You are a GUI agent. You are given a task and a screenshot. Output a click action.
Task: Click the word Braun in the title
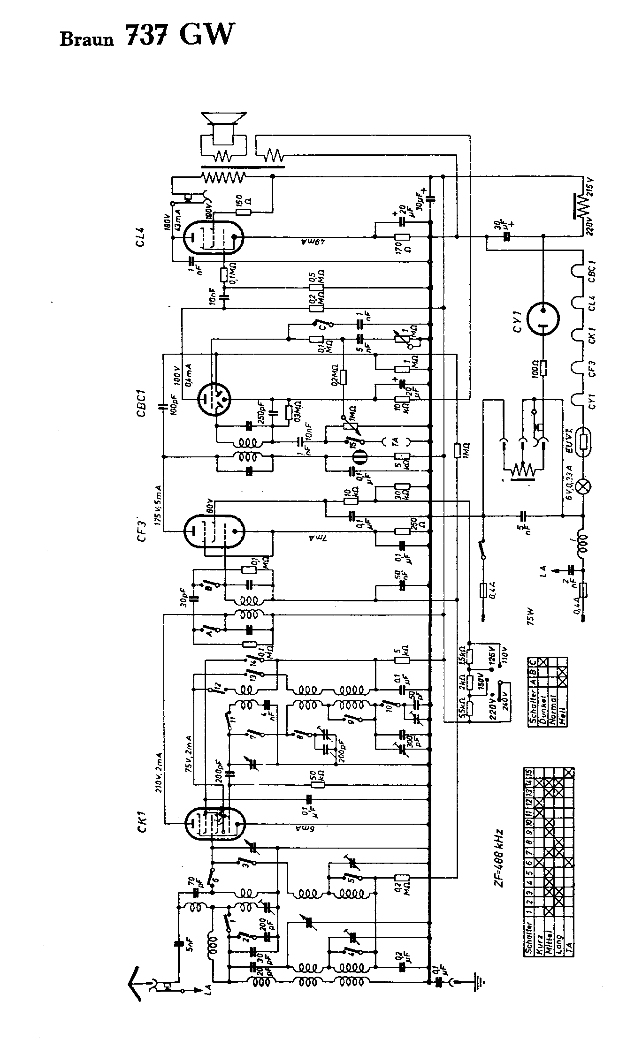coord(86,39)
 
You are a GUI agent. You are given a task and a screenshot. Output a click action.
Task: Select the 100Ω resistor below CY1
coord(543,369)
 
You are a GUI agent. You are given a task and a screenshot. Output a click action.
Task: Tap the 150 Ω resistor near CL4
coord(243,212)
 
